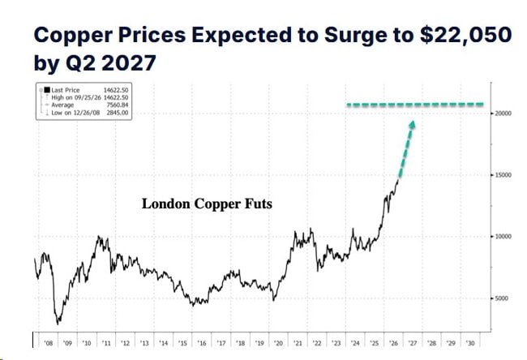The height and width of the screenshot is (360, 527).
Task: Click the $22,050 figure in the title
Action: coord(466,36)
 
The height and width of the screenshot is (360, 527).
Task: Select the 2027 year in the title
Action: coord(129,63)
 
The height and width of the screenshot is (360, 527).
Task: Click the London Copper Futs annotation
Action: coord(207,204)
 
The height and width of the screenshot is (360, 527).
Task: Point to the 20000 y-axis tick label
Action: coord(503,114)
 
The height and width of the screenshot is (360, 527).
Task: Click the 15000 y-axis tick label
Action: coord(503,175)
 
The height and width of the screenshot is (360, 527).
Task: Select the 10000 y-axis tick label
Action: coord(503,237)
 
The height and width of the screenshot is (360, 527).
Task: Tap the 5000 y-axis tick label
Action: coord(501,298)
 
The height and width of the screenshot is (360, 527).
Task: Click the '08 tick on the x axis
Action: coord(49,343)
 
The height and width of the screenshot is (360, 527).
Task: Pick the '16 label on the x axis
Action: coord(202,343)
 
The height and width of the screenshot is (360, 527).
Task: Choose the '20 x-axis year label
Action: coord(278,343)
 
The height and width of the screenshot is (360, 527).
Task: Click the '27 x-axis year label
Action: coord(413,343)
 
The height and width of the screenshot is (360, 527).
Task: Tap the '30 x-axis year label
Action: coord(470,343)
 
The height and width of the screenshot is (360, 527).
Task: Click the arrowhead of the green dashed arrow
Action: coord(412,125)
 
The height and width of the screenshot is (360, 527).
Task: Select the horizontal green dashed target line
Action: coord(415,105)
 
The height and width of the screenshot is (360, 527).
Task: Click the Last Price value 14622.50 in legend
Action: coord(116,90)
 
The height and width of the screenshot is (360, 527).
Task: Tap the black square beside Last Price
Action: coord(47,90)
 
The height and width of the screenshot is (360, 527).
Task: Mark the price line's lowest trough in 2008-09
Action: coord(58,324)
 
